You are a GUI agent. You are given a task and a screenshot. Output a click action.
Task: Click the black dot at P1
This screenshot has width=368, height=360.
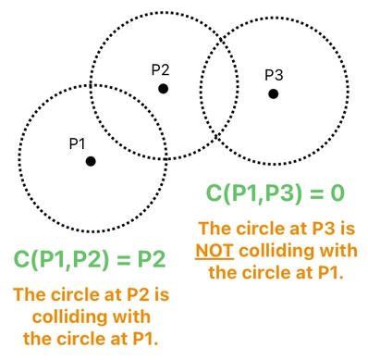click(91, 161)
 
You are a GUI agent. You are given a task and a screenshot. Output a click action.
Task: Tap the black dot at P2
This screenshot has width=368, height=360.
click(163, 89)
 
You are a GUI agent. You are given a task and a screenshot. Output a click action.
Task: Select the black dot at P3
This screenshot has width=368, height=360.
click(274, 93)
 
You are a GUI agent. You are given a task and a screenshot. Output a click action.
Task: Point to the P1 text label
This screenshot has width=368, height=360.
click(77, 143)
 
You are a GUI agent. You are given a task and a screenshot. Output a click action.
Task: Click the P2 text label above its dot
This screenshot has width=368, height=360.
click(161, 69)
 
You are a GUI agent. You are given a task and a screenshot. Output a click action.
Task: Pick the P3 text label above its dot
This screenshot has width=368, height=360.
click(275, 75)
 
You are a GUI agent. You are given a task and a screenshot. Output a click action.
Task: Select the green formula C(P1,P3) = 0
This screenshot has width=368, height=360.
click(275, 193)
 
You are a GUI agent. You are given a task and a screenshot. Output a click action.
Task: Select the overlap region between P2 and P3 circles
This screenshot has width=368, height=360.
click(218, 88)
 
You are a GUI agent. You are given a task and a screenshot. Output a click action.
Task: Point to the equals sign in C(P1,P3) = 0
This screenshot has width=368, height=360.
click(313, 193)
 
